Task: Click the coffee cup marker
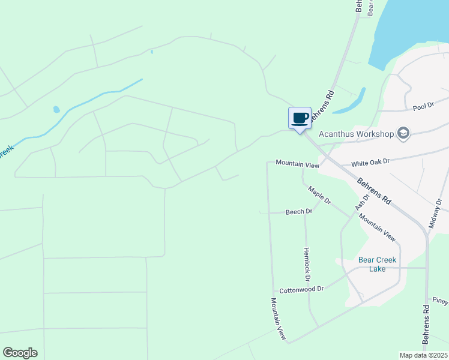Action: tap(300, 118)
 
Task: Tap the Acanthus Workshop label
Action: tap(356, 133)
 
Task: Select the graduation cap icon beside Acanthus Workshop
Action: tap(403, 133)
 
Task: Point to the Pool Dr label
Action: tap(423, 107)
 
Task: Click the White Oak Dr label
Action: tap(370, 162)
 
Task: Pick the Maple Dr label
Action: tap(319, 196)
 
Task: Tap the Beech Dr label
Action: tap(299, 212)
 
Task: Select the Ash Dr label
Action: tap(362, 201)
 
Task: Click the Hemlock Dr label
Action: tap(307, 265)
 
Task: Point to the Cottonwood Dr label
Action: tap(302, 289)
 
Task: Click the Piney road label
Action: tap(440, 301)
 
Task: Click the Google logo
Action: tap(20, 352)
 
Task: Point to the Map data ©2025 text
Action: tap(423, 355)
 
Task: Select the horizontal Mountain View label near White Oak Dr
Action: tap(297, 164)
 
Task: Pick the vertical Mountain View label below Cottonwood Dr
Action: tap(277, 319)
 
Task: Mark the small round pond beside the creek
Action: tap(56, 110)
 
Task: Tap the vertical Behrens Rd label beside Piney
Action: tap(426, 325)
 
